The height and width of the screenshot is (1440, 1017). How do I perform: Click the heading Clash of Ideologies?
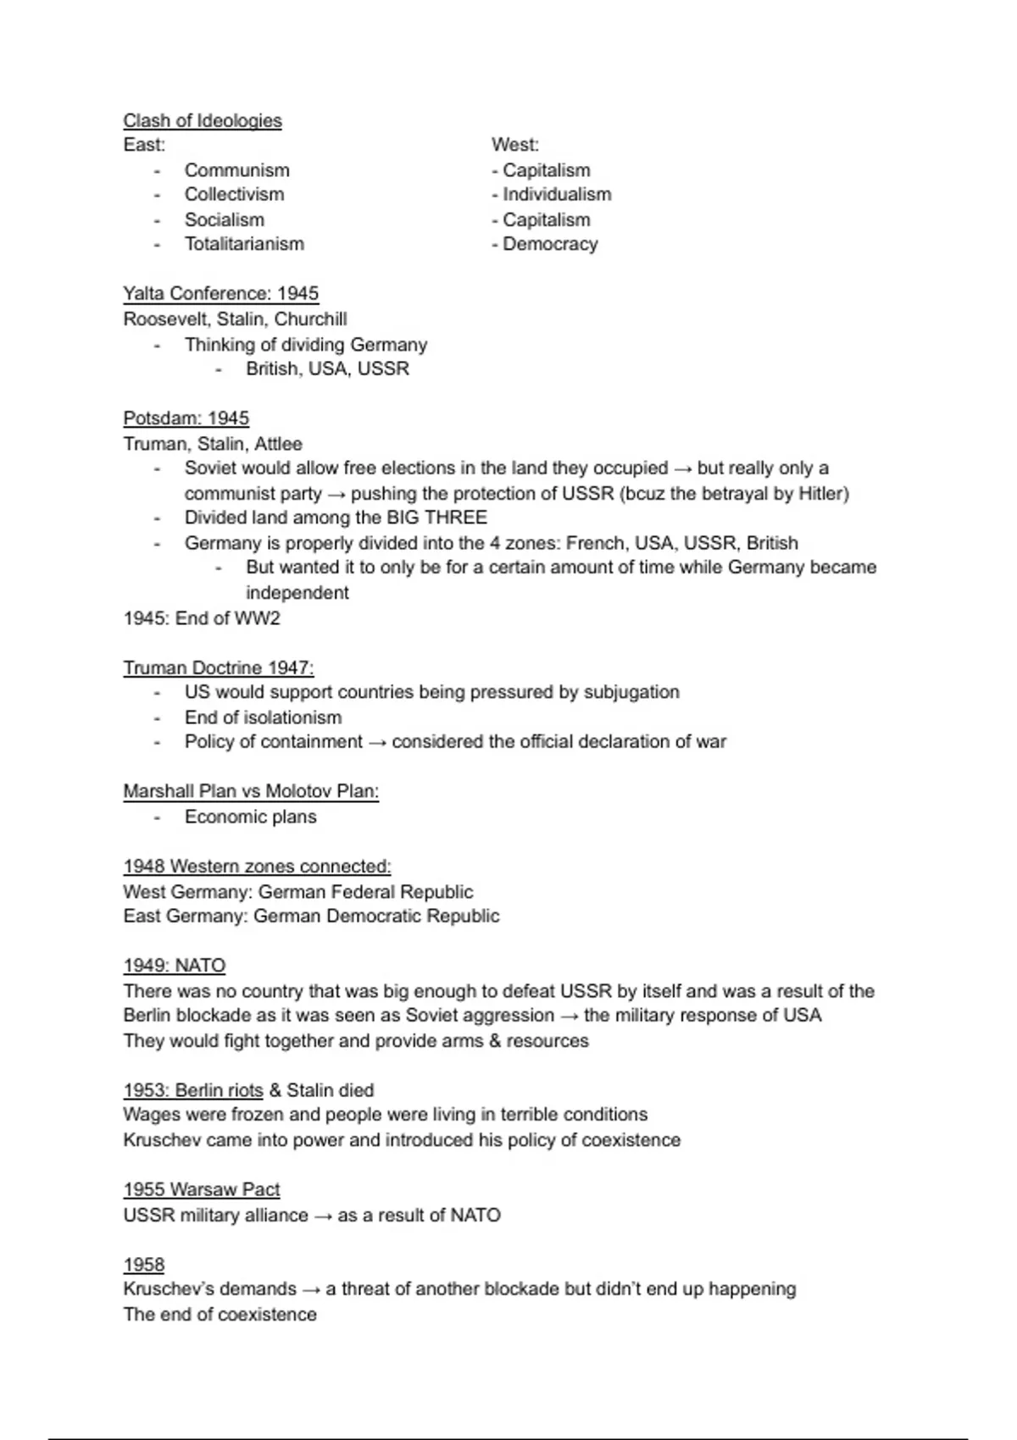pyautogui.click(x=202, y=120)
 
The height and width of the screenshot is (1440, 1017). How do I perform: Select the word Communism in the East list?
pyautogui.click(x=236, y=170)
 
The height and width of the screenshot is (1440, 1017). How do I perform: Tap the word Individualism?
pyautogui.click(x=557, y=194)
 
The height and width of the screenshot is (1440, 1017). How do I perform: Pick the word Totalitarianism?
pyautogui.click(x=244, y=244)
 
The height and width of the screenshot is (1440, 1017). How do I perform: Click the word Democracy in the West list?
pyautogui.click(x=550, y=244)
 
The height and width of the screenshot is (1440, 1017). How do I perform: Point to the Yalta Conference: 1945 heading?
pyautogui.click(x=220, y=294)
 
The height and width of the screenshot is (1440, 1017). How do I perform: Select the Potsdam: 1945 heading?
pyautogui.click(x=186, y=418)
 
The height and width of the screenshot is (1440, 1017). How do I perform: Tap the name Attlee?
pyautogui.click(x=278, y=444)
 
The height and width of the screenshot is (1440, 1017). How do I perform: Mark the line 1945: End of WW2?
pyautogui.click(x=201, y=618)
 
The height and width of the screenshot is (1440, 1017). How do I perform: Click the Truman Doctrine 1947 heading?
pyautogui.click(x=218, y=667)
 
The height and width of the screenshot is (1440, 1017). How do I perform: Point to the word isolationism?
pyautogui.click(x=292, y=717)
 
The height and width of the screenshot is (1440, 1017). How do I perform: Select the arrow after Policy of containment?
pyautogui.click(x=377, y=743)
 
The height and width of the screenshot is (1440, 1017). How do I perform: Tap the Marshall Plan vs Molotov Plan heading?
pyautogui.click(x=250, y=791)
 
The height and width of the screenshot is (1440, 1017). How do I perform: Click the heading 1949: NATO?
pyautogui.click(x=174, y=966)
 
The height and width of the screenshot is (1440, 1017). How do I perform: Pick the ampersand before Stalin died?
pyautogui.click(x=275, y=1090)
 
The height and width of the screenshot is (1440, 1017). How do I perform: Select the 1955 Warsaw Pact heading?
pyautogui.click(x=201, y=1189)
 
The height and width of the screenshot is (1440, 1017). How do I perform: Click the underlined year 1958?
pyautogui.click(x=143, y=1265)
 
